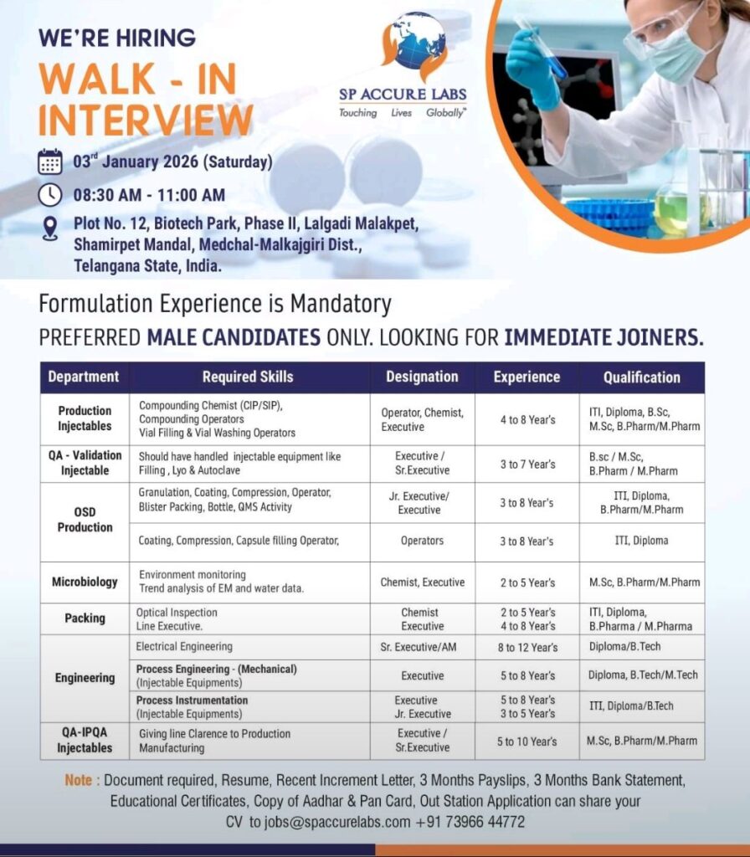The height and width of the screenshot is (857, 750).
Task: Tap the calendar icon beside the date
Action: [x=49, y=162]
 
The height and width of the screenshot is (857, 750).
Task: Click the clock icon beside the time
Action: [x=49, y=195]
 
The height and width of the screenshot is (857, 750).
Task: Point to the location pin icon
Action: [x=49, y=228]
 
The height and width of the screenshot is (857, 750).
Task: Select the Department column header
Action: [x=85, y=377]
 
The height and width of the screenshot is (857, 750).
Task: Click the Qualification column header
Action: [x=642, y=377]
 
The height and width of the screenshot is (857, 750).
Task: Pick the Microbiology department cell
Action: [x=85, y=582]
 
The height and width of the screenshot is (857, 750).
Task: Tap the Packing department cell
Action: [x=85, y=618]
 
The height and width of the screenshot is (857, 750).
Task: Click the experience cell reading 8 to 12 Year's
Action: [x=527, y=648]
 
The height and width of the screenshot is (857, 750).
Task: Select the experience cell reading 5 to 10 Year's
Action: [x=527, y=742]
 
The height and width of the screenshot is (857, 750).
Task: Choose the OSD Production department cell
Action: [x=85, y=520]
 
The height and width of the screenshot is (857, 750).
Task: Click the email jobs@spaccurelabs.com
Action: [x=337, y=822]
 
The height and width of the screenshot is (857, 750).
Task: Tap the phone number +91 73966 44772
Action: [x=470, y=822]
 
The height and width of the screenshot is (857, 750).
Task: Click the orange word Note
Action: [x=78, y=780]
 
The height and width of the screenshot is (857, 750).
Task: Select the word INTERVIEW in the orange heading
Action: [x=146, y=120]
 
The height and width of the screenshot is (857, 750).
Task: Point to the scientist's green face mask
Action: [x=680, y=54]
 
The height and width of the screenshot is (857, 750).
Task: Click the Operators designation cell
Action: [x=422, y=541]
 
